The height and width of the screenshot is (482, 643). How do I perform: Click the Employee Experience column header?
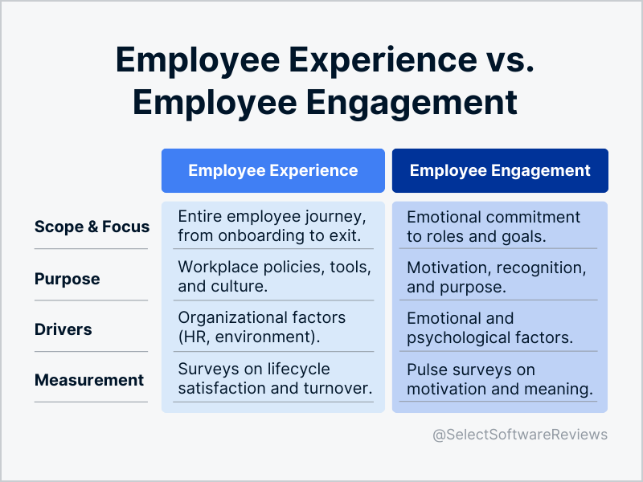[x=272, y=170]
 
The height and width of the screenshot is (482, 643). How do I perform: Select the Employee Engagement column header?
[x=500, y=170]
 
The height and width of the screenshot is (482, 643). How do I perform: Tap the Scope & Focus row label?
[x=92, y=227]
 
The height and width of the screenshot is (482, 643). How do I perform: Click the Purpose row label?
[x=68, y=279]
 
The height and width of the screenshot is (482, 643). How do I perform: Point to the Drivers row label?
[x=63, y=329]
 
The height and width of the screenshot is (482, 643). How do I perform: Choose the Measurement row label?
[x=89, y=380]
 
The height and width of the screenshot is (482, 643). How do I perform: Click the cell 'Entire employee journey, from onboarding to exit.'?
[x=272, y=227]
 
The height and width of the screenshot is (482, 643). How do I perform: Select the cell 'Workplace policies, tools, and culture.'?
[x=272, y=276]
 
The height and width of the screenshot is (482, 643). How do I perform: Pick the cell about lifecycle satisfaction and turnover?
[x=272, y=379]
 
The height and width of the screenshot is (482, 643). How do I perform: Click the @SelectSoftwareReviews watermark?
[x=520, y=435]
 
